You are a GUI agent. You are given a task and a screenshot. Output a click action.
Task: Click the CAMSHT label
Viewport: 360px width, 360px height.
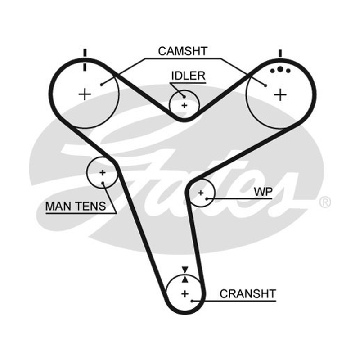pos(183,51)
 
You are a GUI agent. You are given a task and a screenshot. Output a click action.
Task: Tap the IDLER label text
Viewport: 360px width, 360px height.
pos(188,76)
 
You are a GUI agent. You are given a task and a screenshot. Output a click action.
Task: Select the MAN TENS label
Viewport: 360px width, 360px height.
pos(76,206)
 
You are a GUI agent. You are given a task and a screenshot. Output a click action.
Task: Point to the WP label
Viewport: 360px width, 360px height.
pos(263,192)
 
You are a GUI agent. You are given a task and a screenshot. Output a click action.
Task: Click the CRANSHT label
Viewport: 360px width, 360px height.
pos(248,294)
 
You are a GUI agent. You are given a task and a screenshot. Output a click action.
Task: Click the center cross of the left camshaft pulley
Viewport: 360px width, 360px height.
pos(85,94)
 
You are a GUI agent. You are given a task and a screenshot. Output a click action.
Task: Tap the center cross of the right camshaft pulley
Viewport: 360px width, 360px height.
pos(280,95)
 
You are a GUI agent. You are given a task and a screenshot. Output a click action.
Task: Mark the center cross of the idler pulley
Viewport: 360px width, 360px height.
pos(184,105)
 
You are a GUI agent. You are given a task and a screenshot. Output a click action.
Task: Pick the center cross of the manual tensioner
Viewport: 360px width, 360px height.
pos(103,172)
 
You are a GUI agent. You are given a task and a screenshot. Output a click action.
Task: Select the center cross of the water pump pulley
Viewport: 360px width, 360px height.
pos(201,193)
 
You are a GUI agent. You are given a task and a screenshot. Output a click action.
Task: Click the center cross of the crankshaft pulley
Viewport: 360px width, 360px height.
pos(185,294)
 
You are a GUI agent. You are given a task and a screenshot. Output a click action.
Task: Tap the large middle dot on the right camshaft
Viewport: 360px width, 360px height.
pos(280,69)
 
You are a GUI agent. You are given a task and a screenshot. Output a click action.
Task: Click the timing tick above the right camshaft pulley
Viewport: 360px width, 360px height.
pos(280,53)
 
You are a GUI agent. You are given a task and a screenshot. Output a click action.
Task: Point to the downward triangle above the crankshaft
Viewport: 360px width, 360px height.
pos(185,270)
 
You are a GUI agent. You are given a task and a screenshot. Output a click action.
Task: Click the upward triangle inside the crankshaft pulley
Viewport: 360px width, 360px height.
pos(185,279)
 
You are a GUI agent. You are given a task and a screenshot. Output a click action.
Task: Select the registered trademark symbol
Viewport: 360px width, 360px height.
pos(325,202)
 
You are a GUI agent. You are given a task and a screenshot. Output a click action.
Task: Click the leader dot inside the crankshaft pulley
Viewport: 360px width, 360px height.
pos(192,301)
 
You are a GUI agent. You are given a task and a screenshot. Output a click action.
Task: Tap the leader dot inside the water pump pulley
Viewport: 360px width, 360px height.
pos(207,199)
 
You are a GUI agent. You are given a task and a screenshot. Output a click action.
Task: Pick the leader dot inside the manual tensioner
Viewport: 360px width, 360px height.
pos(103,183)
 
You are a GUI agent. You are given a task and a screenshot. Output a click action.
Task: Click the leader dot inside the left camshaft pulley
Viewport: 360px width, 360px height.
pos(102,85)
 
